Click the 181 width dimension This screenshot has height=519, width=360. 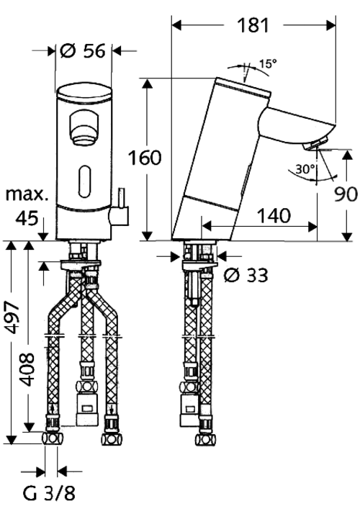pyautogui.click(x=253, y=25)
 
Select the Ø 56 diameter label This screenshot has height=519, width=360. pyautogui.click(x=83, y=51)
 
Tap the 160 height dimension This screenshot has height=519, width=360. pyautogui.click(x=145, y=158)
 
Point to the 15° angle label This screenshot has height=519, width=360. pyautogui.click(x=268, y=63)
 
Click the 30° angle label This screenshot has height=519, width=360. pyautogui.click(x=305, y=169)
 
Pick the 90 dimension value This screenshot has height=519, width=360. pyautogui.click(x=346, y=194)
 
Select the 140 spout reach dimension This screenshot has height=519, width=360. pyautogui.click(x=274, y=215)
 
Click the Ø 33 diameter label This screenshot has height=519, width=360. pyautogui.click(x=246, y=275)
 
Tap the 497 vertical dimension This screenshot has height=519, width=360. pyautogui.click(x=12, y=317)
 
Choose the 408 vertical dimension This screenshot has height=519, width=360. pyautogui.click(x=27, y=369)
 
